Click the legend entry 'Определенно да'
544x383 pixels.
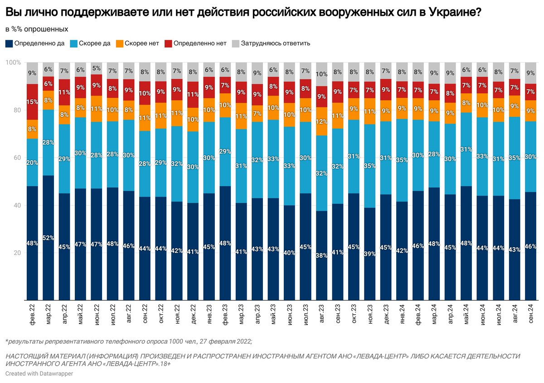(34, 43)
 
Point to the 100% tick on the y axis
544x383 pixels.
(13, 62)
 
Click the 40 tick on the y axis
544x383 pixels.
(17, 205)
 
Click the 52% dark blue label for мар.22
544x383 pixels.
(49, 238)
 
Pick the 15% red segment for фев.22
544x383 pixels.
(32, 102)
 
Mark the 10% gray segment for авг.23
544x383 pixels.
(321, 74)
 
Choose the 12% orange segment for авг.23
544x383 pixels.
(321, 121)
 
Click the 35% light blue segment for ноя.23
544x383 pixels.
(370, 166)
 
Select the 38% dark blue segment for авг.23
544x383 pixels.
(321, 255)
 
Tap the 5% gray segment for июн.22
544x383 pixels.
(97, 68)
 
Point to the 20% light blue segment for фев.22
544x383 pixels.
(32, 162)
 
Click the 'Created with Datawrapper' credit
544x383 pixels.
(39, 373)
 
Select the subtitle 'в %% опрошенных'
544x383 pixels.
(36, 29)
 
